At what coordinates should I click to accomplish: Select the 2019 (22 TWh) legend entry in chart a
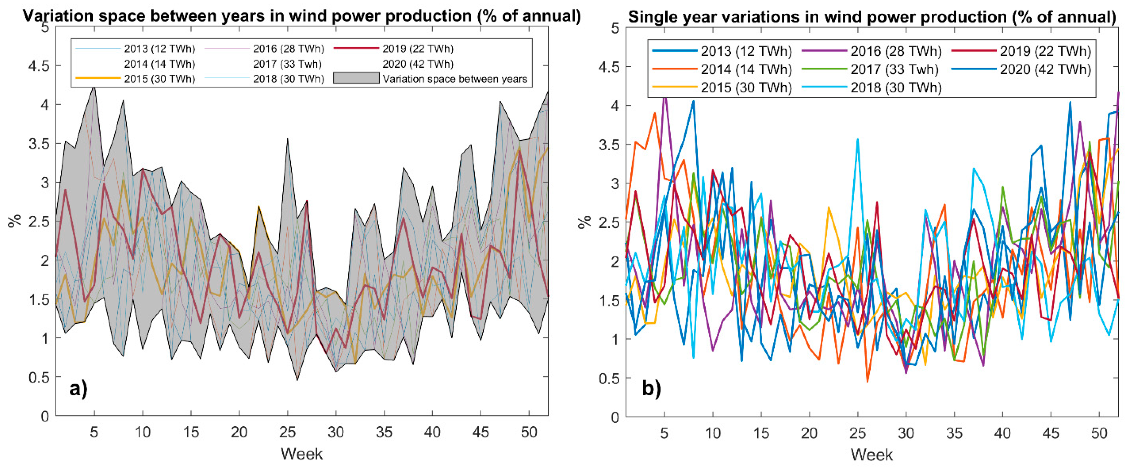coord(417,49)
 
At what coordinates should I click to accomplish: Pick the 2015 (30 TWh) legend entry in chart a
coord(159,79)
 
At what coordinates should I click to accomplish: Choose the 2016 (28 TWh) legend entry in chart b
coord(896,51)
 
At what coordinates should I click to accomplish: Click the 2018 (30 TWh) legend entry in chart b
coord(896,87)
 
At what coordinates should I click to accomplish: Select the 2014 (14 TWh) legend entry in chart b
coord(746,69)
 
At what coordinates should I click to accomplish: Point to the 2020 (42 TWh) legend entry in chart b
coord(1045,69)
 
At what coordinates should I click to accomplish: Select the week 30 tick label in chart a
coord(336,433)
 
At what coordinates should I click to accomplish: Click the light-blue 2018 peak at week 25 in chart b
coord(858,140)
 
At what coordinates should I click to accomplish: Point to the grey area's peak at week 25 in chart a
coord(287,139)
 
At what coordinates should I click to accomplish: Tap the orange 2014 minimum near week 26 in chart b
coord(867,381)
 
